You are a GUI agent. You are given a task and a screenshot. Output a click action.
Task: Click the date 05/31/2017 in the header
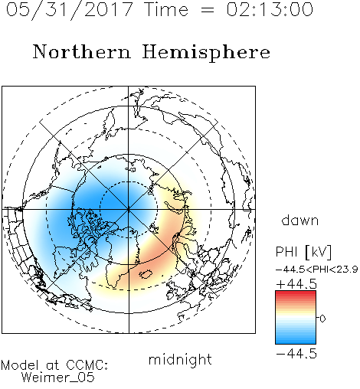70,9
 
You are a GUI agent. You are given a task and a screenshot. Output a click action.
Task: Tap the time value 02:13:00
270,9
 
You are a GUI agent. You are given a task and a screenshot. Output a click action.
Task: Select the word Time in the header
166,9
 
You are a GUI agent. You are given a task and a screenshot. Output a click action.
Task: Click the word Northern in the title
82,51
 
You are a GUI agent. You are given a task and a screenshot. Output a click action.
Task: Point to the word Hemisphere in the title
206,53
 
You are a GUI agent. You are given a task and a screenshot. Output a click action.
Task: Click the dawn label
300,220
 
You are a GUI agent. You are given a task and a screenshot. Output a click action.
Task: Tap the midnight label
180,359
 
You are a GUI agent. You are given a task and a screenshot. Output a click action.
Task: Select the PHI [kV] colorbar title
303,252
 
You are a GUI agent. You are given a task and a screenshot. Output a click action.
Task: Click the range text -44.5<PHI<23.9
317,270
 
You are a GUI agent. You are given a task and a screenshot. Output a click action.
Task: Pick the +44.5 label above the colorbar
296,284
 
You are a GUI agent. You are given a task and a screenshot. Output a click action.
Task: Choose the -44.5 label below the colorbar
296,354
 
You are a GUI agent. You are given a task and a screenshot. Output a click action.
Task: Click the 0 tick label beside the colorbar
322,319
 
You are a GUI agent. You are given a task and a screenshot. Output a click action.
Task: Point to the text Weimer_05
58,378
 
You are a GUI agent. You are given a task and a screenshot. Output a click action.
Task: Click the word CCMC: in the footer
87,365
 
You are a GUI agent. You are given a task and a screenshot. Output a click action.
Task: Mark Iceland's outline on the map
146,274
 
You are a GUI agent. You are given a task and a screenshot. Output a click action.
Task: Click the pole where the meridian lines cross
129,210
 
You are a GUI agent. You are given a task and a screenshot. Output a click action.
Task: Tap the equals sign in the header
208,11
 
